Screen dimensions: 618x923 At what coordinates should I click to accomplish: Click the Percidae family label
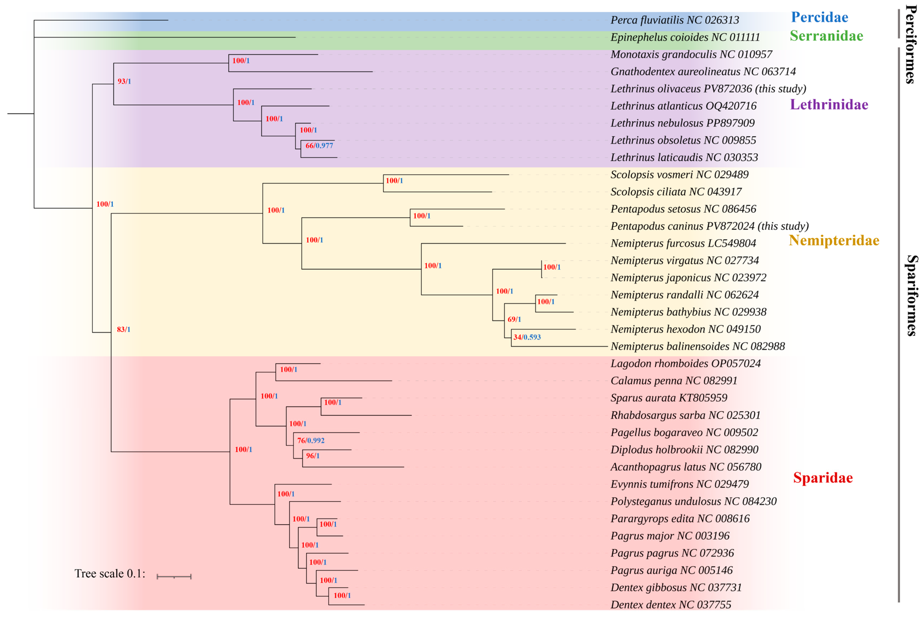819,17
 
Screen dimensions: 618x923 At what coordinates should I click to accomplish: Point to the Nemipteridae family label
834,241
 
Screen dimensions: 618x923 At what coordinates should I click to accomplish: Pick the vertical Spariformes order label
911,296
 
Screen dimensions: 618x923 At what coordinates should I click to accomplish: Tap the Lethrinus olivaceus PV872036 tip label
708,89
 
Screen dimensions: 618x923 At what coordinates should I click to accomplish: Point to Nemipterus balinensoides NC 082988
697,346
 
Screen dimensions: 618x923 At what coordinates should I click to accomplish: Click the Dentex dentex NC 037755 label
670,605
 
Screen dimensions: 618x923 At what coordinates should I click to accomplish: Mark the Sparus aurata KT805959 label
669,398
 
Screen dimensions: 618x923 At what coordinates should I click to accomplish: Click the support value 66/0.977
319,146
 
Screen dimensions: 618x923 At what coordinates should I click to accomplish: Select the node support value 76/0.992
311,441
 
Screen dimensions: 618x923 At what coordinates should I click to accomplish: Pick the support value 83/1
124,330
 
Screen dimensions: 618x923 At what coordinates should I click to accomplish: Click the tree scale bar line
174,577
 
